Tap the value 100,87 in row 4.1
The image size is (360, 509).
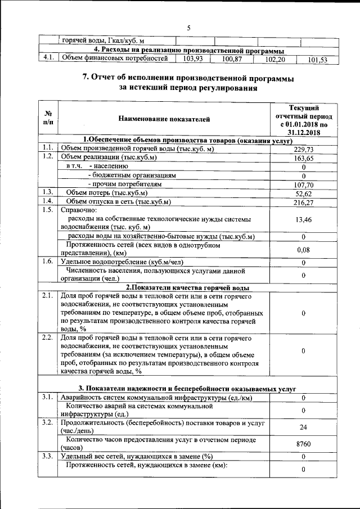(x=231, y=58)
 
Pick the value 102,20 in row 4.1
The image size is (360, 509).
(x=275, y=59)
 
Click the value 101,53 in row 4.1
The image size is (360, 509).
(x=318, y=60)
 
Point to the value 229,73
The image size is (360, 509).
(x=303, y=149)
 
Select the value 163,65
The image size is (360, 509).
(x=303, y=158)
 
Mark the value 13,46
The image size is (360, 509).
(x=303, y=220)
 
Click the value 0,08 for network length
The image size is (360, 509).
(x=303, y=249)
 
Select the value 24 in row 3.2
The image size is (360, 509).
(x=303, y=427)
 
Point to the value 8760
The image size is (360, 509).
(x=303, y=444)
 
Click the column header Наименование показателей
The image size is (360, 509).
(x=164, y=119)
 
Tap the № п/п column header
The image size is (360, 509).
(x=48, y=118)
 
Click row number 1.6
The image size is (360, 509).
(x=48, y=262)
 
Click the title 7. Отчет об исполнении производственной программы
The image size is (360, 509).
(x=188, y=78)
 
